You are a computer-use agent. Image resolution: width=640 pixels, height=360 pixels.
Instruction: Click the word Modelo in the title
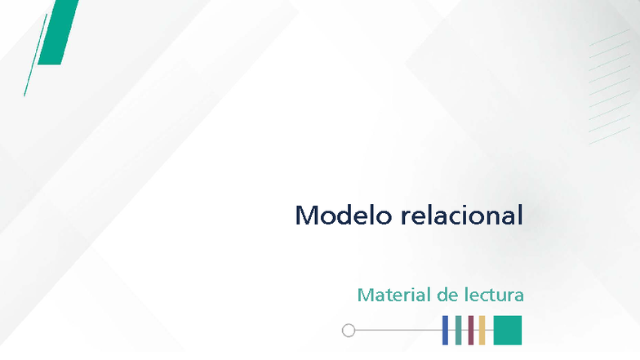[x=344, y=216]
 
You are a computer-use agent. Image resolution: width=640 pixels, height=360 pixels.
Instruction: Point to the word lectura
[x=493, y=295]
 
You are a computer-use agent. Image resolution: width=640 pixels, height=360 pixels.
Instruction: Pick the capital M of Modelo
[x=306, y=216]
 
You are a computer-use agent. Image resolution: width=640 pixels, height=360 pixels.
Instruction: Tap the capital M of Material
[x=365, y=295]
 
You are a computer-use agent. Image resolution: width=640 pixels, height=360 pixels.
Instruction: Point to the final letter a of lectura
[x=518, y=296]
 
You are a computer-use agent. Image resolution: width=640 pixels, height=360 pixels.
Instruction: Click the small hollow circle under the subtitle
[x=349, y=331]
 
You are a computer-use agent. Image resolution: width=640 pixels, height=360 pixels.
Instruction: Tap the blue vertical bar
[x=445, y=330]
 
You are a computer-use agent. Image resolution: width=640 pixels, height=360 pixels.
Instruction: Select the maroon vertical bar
[x=471, y=330]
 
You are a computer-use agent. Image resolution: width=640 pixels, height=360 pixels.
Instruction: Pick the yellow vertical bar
[x=482, y=330]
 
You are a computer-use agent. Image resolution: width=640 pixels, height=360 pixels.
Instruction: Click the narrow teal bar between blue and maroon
[x=459, y=330]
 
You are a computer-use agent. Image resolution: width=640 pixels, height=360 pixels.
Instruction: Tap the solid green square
[x=507, y=330]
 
